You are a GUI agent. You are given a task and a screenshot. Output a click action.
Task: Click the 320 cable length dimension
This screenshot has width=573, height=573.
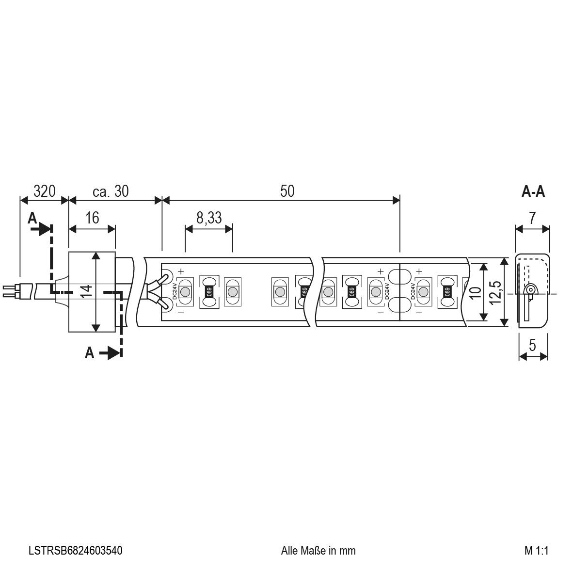(x=43, y=191)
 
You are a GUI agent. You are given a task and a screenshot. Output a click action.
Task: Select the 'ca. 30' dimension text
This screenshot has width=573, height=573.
(x=111, y=191)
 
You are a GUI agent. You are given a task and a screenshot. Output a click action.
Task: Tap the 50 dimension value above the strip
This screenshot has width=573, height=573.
(x=287, y=191)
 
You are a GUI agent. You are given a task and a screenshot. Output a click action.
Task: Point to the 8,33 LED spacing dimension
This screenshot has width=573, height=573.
(x=209, y=218)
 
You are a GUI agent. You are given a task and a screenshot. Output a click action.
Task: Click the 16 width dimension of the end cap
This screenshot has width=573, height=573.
(x=92, y=218)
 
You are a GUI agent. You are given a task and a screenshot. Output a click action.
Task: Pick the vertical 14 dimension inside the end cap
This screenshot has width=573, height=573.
(x=86, y=291)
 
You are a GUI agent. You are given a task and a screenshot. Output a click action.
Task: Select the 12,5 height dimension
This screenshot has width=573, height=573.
(x=495, y=291)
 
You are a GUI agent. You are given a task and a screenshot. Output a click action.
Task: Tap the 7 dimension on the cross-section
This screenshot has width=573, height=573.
(x=532, y=218)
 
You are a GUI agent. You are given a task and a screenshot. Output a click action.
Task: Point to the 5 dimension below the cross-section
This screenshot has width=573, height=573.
(x=532, y=346)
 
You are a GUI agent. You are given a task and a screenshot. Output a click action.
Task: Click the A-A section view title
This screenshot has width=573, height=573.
(x=533, y=192)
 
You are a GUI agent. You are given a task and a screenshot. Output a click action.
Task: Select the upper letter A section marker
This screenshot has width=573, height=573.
(x=32, y=218)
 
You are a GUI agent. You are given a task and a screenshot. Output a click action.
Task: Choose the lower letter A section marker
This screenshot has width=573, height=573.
(x=89, y=353)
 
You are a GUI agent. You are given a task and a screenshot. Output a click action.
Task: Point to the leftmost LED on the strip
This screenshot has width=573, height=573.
(x=185, y=292)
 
